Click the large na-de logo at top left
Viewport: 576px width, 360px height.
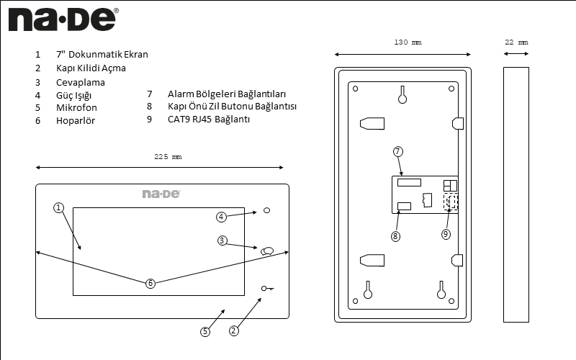coord(63,20)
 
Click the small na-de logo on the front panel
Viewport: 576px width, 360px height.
coord(161,194)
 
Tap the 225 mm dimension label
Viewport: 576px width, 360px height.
coord(168,156)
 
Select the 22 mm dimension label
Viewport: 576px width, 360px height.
coord(516,42)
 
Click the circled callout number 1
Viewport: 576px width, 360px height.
coord(59,208)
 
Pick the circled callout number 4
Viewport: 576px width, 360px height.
coord(222,217)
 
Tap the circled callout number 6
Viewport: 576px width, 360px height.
coord(150,284)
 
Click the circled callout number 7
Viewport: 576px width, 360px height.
coord(398,152)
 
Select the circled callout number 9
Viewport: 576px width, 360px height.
coord(446,234)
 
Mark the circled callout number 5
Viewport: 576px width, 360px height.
coord(205,331)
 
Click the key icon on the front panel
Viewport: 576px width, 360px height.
coord(268,289)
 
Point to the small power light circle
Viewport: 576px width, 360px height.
coord(267,210)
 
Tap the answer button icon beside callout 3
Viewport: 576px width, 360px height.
coord(268,251)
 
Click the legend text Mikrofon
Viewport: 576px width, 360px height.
coord(76,108)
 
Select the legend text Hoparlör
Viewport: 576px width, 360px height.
coord(76,121)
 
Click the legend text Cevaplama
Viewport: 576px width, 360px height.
coord(81,82)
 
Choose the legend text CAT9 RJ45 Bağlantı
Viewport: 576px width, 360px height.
coord(208,120)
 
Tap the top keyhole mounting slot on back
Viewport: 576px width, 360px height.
coord(402,95)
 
